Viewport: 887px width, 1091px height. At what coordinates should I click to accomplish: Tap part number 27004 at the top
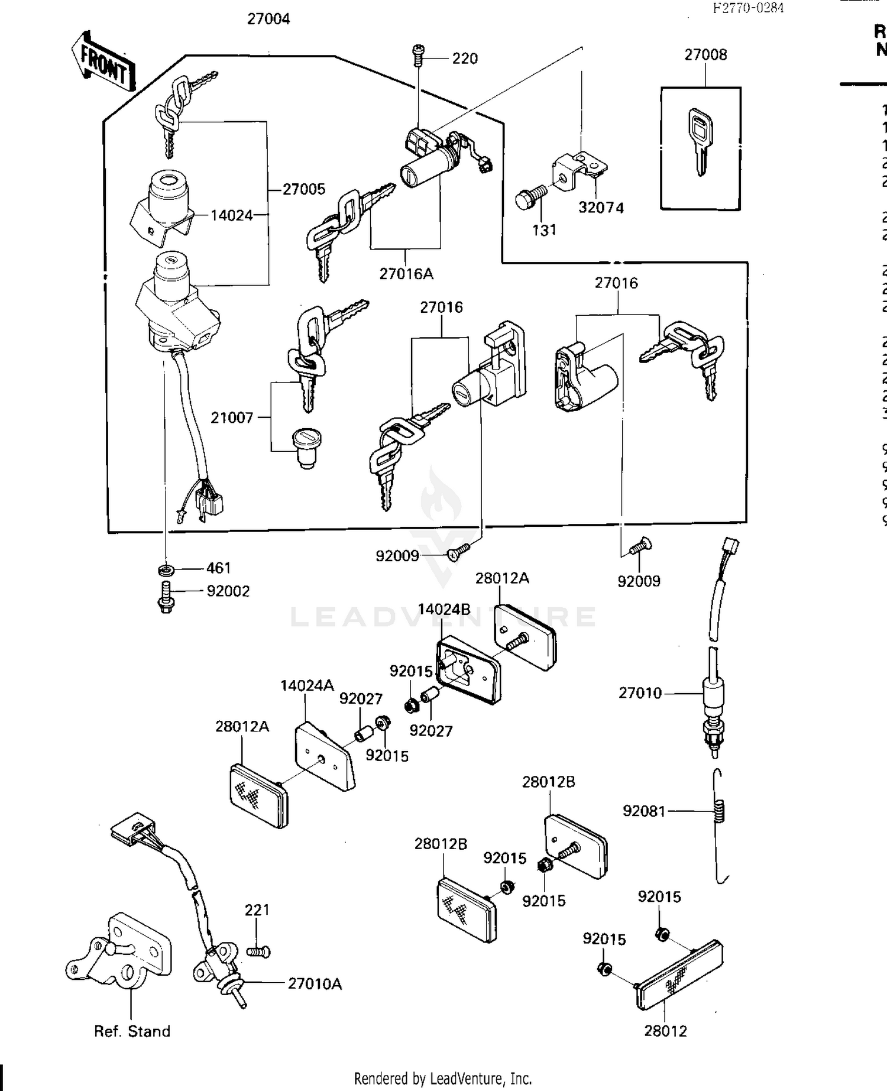point(268,20)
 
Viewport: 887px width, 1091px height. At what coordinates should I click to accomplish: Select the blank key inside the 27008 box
point(700,141)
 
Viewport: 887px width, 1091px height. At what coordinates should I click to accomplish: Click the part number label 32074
point(601,208)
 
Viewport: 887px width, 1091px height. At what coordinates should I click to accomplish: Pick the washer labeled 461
point(166,570)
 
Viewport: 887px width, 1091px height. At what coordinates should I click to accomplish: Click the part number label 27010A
point(315,984)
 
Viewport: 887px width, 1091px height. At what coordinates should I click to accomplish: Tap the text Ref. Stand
point(132,1031)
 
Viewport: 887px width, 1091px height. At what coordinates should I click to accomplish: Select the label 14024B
point(444,610)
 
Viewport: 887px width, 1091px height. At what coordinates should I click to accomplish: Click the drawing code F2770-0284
point(747,8)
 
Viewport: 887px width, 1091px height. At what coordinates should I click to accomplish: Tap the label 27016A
point(406,274)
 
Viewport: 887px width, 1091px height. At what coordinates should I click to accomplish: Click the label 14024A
point(307,685)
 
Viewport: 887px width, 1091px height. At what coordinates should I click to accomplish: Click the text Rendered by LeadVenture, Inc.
point(443,1079)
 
